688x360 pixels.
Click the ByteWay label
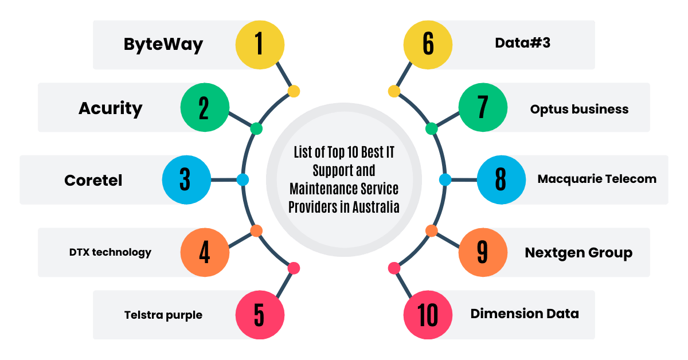[x=163, y=45]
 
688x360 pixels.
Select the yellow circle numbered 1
[x=260, y=45]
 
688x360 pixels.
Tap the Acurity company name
[x=110, y=108]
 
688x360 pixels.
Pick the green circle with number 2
[x=205, y=108]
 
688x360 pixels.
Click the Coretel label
[x=93, y=180]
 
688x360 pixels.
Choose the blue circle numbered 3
[x=186, y=180]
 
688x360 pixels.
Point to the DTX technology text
[x=110, y=252]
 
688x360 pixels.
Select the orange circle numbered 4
[x=205, y=252]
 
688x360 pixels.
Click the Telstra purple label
[x=163, y=315]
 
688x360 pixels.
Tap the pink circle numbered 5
[x=260, y=315]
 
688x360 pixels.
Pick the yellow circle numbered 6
[x=428, y=45]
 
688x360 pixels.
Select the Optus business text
[x=579, y=108]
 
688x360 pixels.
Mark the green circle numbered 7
[x=483, y=108]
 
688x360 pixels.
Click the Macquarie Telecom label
[x=597, y=179]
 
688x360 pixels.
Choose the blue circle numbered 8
[x=501, y=180]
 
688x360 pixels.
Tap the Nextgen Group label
[x=578, y=252]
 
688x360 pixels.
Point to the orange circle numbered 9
[x=483, y=252]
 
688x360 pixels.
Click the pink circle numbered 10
[x=428, y=315]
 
